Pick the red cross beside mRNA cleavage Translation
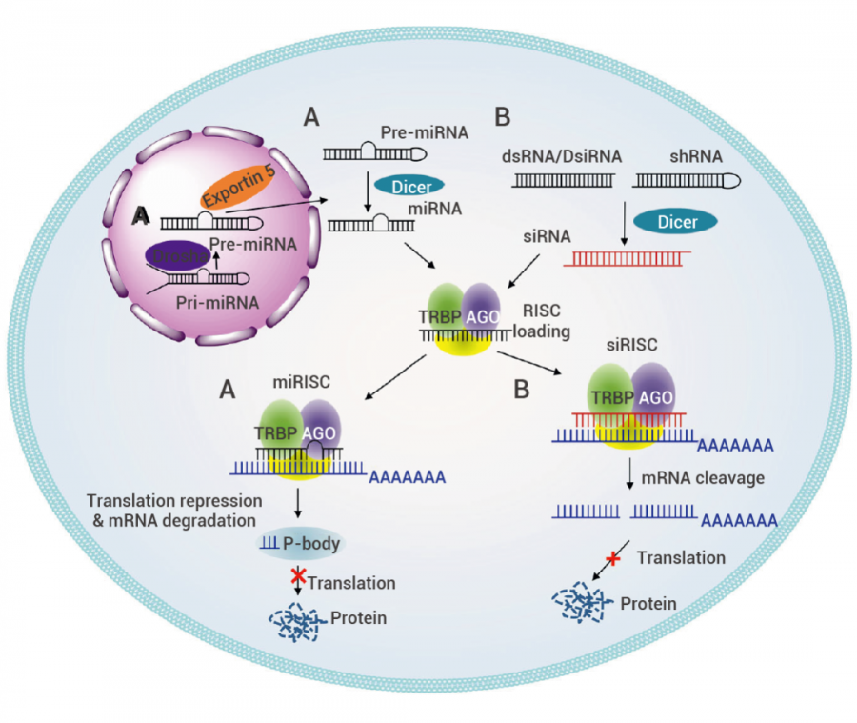[613, 557]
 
